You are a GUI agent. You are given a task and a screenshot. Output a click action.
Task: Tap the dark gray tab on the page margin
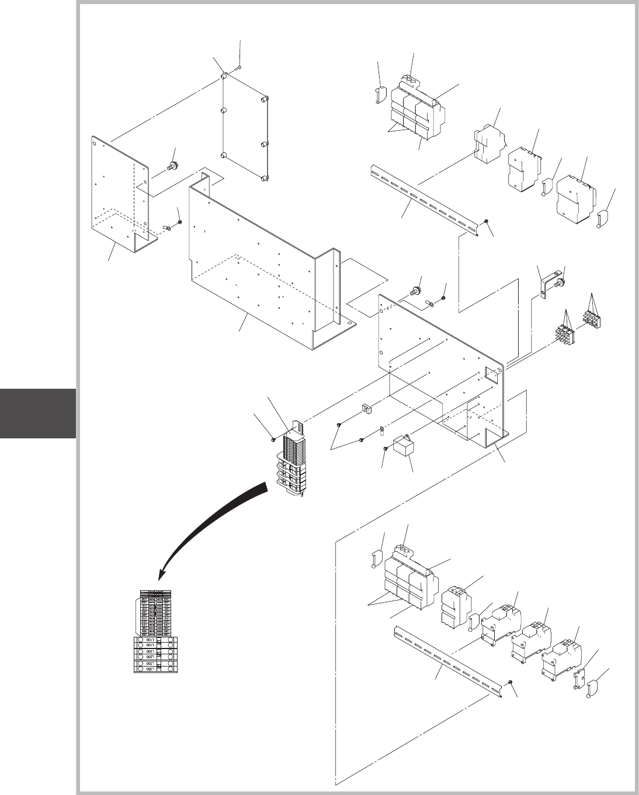[37, 413]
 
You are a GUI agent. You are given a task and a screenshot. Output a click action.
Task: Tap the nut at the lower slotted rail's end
[511, 682]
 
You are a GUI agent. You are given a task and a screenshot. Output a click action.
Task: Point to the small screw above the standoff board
[238, 68]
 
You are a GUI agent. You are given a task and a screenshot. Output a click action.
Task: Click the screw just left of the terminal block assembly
[273, 438]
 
